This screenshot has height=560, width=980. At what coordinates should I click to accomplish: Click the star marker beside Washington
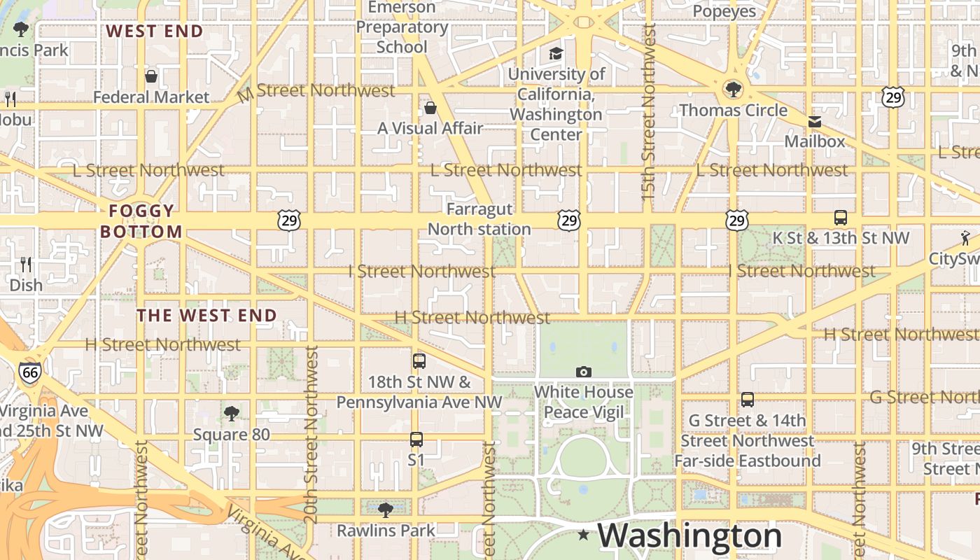tap(584, 535)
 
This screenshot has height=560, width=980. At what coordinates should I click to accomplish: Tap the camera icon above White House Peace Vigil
tap(584, 372)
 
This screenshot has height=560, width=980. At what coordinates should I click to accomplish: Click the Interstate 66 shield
tap(29, 372)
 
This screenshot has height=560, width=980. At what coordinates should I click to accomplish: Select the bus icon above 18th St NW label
tap(419, 361)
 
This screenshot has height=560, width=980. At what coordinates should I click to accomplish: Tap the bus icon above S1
tap(416, 440)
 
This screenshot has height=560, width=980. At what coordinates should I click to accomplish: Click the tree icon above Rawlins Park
tap(385, 510)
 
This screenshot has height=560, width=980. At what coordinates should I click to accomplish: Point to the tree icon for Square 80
tap(232, 414)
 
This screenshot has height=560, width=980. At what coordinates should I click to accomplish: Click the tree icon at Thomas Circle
tap(733, 89)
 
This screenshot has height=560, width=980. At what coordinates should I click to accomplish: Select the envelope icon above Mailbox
tap(815, 122)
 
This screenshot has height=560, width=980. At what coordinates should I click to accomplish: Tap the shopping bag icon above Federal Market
tap(151, 76)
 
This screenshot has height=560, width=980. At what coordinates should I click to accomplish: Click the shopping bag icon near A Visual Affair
tap(430, 108)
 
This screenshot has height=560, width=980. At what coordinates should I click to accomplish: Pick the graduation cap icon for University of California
tap(556, 54)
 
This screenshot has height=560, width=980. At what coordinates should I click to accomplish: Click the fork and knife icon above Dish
tap(27, 265)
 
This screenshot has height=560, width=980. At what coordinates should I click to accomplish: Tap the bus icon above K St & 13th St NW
tap(841, 218)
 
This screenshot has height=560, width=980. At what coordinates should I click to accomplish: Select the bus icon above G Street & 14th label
tap(748, 400)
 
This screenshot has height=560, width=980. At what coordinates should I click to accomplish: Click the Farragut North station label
tap(479, 219)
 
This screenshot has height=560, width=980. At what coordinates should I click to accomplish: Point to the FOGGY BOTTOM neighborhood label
tap(141, 221)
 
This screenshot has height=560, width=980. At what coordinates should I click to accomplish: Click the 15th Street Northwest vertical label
tap(649, 112)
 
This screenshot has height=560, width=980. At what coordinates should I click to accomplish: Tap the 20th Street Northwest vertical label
tap(311, 434)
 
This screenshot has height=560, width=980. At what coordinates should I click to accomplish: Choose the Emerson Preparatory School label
tap(402, 27)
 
